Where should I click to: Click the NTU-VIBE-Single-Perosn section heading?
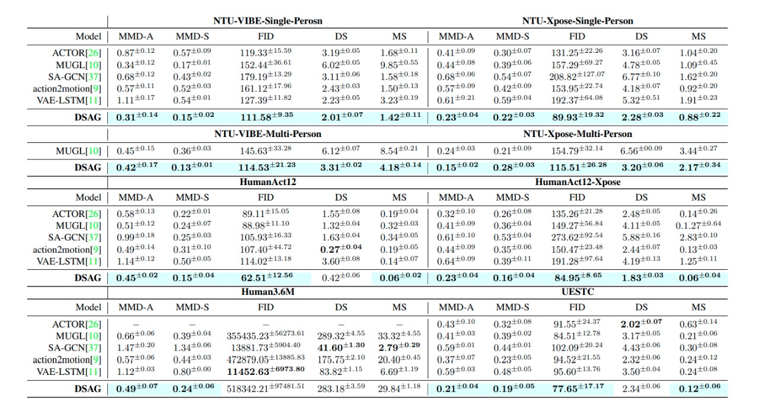[268, 21]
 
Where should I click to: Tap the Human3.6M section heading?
[268, 292]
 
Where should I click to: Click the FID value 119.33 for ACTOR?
[266, 54]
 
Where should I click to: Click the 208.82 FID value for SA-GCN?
[577, 77]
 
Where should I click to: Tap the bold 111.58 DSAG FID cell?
[266, 117]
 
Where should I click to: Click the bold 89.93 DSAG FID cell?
[577, 117]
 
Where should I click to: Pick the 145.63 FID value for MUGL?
[266, 151]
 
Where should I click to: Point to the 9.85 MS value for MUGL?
[399, 65]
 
